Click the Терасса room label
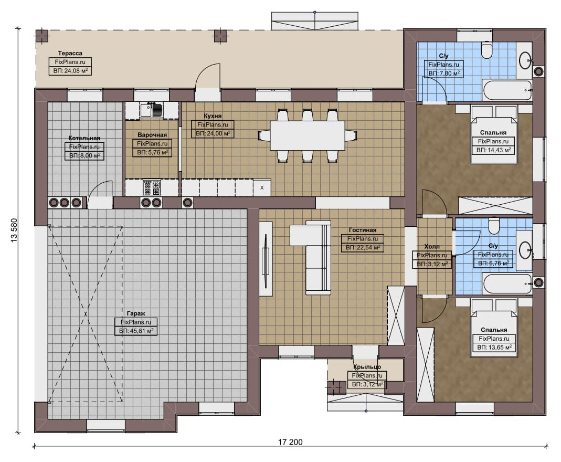click(70, 54)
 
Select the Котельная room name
click(84, 138)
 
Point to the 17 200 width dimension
click(290, 442)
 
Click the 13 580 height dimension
click(14, 230)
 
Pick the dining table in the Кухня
click(308, 135)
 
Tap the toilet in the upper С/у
click(487, 50)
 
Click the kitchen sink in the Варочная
click(151, 110)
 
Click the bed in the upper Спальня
click(494, 134)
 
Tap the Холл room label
click(432, 247)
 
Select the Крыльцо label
click(367, 367)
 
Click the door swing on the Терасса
click(207, 76)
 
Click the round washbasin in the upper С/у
click(526, 60)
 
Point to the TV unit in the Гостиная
click(265, 259)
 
